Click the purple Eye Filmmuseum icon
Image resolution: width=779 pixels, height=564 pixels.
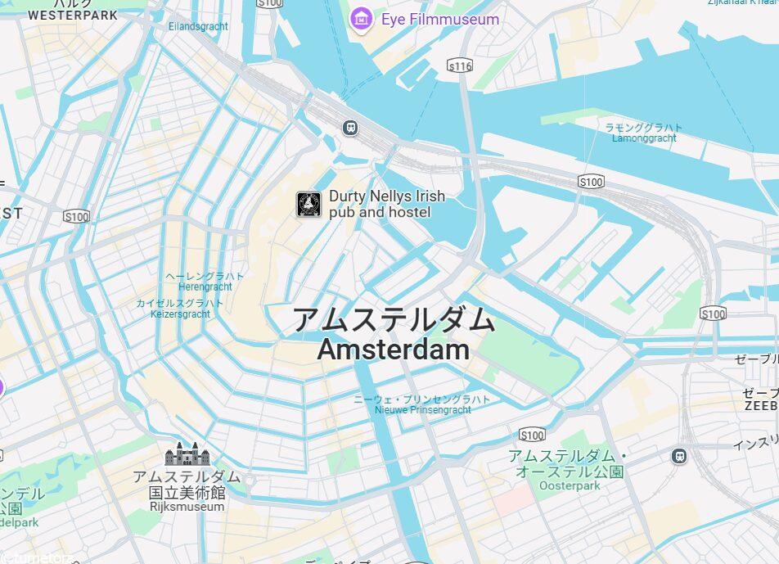pyautogui.click(x=362, y=19)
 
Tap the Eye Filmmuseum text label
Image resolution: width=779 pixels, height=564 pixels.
pyautogui.click(x=439, y=19)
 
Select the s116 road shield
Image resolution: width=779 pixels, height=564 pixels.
pyautogui.click(x=460, y=65)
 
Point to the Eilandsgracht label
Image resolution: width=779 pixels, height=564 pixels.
pyautogui.click(x=198, y=27)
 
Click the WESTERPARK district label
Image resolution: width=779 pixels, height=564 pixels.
pyautogui.click(x=73, y=15)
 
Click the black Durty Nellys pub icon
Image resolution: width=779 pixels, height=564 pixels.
pyautogui.click(x=308, y=204)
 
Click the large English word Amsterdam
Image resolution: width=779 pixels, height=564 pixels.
pyautogui.click(x=394, y=350)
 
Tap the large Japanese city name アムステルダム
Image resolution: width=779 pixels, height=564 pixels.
pyautogui.click(x=394, y=319)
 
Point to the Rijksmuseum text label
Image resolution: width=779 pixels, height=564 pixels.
pyautogui.click(x=187, y=507)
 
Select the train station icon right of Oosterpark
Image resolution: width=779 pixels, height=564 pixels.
pyautogui.click(x=678, y=456)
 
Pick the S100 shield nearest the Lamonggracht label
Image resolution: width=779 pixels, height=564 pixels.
pyautogui.click(x=590, y=181)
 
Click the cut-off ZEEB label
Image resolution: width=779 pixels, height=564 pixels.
pyautogui.click(x=761, y=405)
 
